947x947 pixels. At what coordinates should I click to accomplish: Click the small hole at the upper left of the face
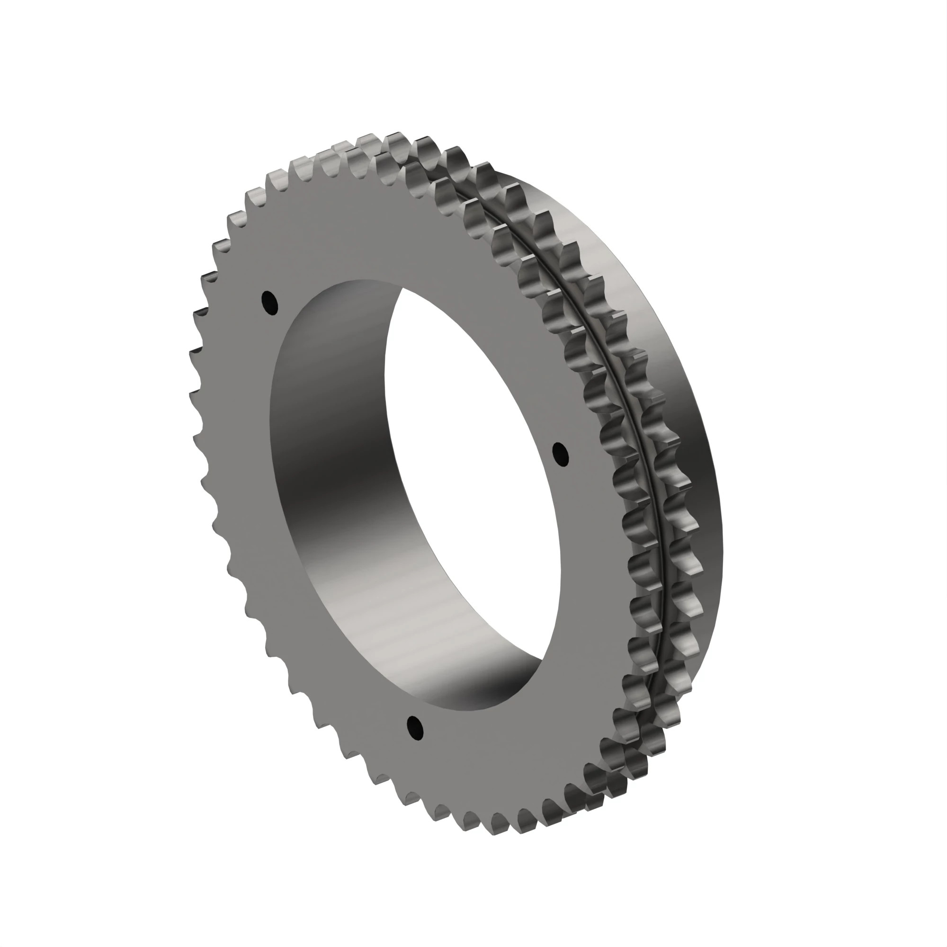point(269,303)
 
